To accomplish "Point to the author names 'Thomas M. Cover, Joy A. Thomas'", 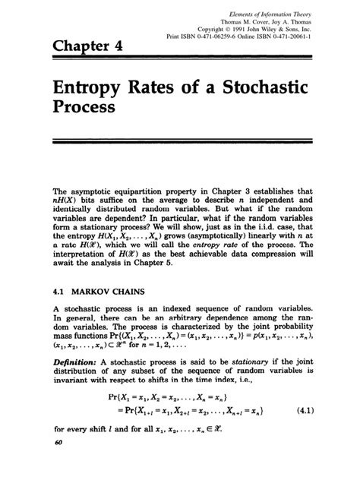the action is point(285,17).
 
